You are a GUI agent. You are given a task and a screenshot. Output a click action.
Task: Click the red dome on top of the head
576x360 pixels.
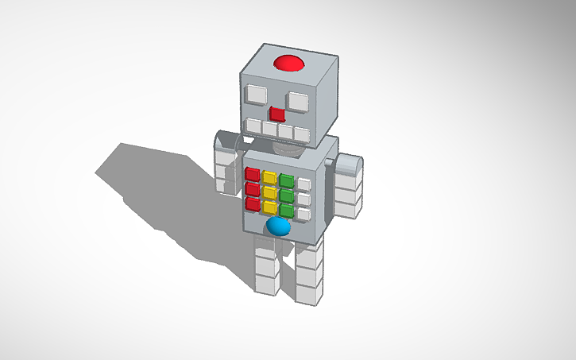tap(288, 64)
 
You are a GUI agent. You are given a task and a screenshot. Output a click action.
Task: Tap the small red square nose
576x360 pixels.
tap(276, 114)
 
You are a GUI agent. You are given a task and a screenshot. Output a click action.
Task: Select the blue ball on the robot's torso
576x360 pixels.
tap(278, 226)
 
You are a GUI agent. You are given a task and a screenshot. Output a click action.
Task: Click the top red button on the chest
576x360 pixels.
tap(252, 174)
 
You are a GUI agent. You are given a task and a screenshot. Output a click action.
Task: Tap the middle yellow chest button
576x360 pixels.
tap(270, 193)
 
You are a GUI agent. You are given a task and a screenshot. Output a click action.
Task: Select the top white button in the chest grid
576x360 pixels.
tap(303, 184)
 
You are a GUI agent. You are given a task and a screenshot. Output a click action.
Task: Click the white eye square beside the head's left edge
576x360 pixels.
tap(255, 95)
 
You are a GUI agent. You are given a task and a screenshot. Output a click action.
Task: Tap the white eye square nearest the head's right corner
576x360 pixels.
tap(298, 101)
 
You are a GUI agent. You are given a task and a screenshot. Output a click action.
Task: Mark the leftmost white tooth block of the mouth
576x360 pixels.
tap(253, 126)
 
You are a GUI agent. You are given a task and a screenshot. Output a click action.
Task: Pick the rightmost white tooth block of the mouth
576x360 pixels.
tap(301, 133)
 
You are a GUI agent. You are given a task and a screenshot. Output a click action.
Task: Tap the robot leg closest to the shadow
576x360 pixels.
tap(265, 267)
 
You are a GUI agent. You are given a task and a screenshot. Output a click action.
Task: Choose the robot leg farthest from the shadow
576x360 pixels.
tap(308, 274)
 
